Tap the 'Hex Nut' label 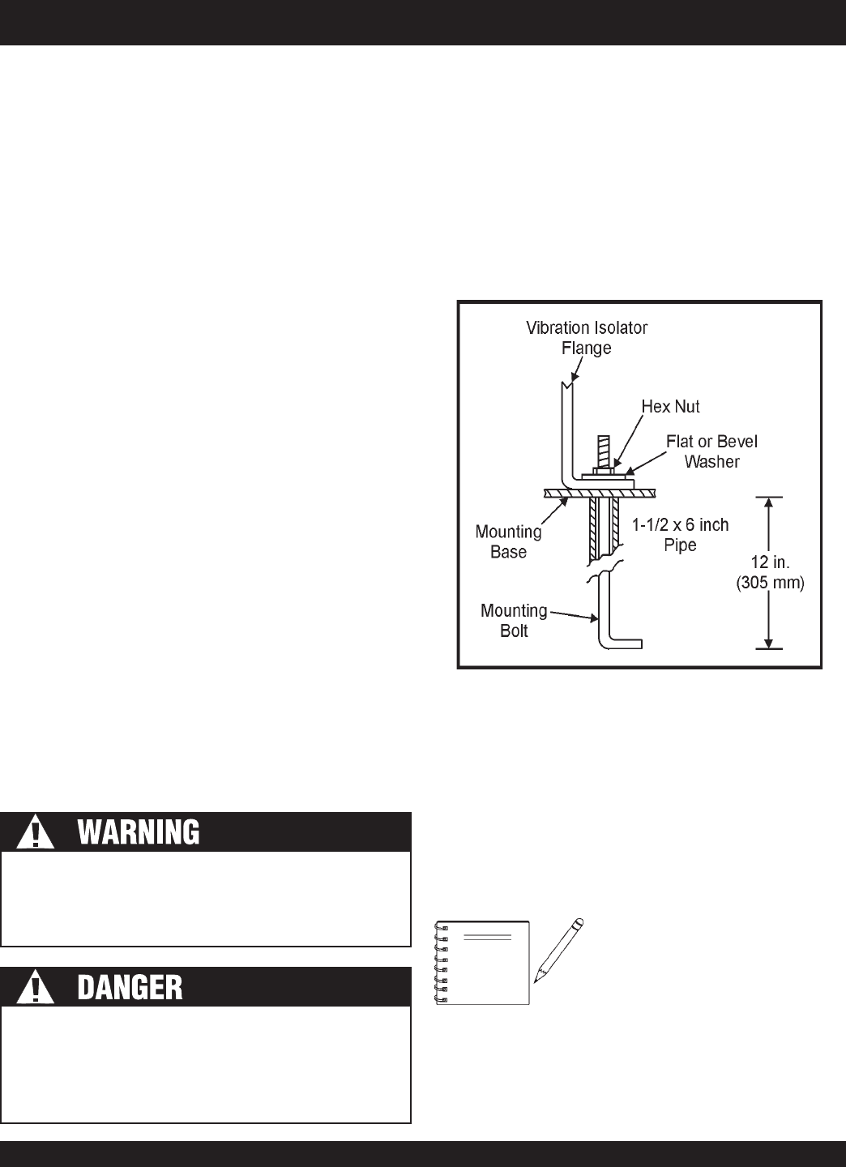click(x=671, y=407)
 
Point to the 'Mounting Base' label click(x=508, y=542)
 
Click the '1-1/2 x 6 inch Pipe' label click(x=680, y=535)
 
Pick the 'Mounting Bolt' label click(x=514, y=620)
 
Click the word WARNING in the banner click(x=138, y=833)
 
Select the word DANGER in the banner click(x=130, y=987)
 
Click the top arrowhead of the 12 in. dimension click(x=769, y=502)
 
